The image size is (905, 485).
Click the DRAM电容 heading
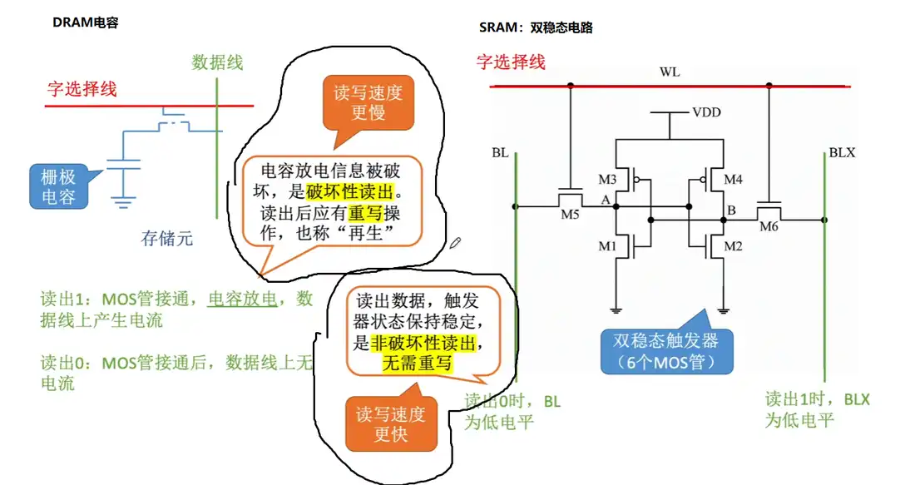(86, 22)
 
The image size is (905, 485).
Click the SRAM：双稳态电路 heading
(536, 27)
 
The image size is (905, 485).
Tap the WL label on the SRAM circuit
(670, 72)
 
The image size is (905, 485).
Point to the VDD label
(706, 111)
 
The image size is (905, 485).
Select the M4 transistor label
(733, 179)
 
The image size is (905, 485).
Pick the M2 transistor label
(733, 245)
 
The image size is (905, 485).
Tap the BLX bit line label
(842, 154)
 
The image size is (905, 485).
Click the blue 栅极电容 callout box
(59, 186)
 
